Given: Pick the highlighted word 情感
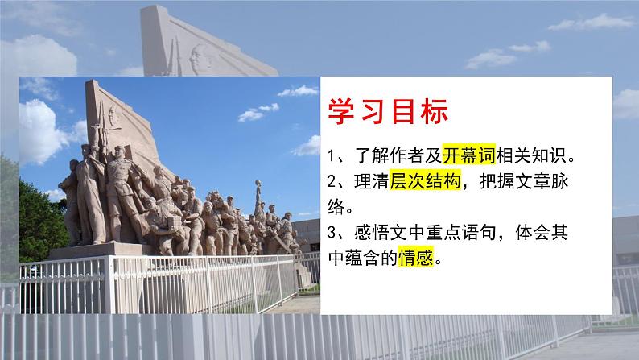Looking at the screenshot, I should [416, 259].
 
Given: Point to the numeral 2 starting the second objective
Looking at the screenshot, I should [334, 183].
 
